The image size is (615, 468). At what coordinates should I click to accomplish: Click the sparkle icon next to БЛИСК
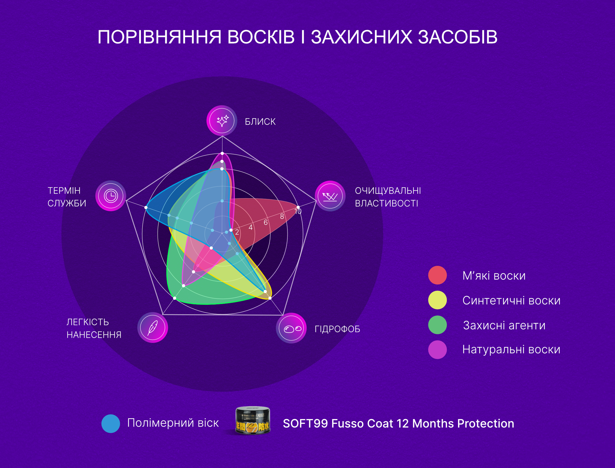[222, 121]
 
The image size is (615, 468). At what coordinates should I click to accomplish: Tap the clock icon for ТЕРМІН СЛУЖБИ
[111, 196]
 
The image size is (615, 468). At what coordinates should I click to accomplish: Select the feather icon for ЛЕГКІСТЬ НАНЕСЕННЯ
[153, 327]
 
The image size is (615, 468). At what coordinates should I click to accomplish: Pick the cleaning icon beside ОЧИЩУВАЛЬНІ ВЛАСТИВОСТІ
[330, 196]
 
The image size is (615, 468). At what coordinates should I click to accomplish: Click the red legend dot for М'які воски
[437, 275]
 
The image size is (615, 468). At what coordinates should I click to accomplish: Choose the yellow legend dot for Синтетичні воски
[437, 300]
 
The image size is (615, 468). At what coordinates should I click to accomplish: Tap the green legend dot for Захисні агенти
[437, 325]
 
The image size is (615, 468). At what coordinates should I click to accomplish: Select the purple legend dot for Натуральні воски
[437, 350]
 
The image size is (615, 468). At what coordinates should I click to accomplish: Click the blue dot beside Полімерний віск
[111, 424]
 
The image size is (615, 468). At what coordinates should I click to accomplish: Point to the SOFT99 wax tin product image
[253, 420]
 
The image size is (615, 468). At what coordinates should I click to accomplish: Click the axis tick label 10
[298, 212]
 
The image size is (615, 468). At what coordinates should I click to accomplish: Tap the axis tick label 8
[282, 216]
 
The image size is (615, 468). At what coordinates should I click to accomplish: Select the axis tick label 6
[266, 222]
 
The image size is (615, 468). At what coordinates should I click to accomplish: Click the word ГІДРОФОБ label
[337, 329]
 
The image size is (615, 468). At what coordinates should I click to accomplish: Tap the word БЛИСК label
[260, 122]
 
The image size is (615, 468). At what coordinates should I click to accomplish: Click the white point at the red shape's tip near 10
[298, 208]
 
